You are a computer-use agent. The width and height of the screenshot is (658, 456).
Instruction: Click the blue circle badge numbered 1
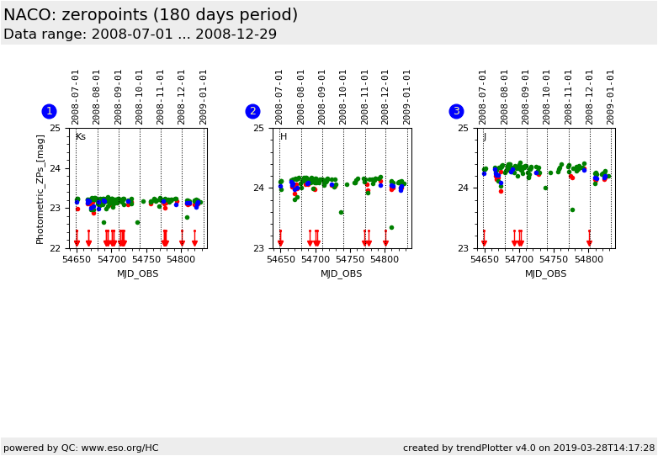coord(49,111)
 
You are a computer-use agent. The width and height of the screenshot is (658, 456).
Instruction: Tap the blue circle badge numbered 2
coord(252,111)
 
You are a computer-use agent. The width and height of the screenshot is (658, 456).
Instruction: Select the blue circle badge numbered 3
coord(456,111)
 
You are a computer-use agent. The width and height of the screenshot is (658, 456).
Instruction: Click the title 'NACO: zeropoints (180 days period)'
coord(151,15)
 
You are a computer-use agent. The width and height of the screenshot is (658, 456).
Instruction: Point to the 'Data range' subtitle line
coord(140,34)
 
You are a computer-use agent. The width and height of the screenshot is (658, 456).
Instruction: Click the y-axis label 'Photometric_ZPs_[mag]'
coord(40,188)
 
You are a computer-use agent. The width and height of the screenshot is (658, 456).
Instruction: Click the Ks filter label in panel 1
coord(81,137)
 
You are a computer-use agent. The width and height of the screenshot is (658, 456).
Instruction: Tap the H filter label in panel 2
coord(284,137)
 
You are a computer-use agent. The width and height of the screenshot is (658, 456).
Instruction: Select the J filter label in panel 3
coord(485,137)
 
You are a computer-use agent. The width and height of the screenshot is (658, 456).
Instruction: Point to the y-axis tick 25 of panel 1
coord(55,128)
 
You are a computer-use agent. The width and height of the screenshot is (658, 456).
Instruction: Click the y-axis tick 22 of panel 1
coord(55,248)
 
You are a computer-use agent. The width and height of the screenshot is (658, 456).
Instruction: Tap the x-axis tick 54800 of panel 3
coord(589,261)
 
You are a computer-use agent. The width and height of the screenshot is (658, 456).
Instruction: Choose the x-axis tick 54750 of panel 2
coord(350,261)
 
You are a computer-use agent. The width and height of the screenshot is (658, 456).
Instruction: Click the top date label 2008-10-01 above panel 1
coord(139,97)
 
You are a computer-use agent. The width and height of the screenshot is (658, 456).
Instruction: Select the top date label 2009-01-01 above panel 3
coord(611,97)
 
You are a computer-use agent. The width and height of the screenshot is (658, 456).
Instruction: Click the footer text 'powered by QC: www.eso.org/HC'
coord(81,448)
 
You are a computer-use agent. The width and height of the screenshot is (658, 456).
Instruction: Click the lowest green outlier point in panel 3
coord(572,209)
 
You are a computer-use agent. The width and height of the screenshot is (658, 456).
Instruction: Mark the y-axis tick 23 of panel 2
coord(259,248)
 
